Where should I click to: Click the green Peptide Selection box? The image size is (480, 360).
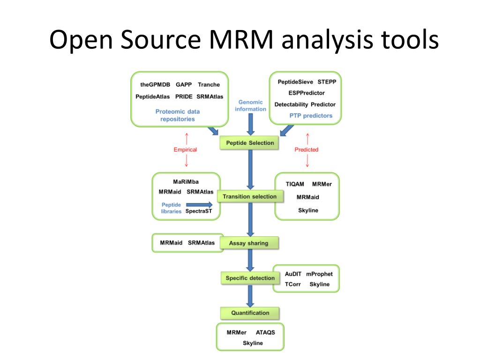point(249,142)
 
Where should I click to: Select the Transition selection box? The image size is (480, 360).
point(250,196)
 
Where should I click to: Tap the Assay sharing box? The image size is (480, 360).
point(249,243)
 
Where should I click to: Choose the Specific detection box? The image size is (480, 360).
point(250,278)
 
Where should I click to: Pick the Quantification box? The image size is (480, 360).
point(250,313)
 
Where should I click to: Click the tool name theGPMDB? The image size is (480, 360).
point(155,84)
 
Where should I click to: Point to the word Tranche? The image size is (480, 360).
point(209,84)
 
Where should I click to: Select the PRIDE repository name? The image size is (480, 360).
point(184,97)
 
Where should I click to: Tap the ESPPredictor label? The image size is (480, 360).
point(307,93)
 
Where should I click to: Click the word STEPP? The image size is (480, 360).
point(327,82)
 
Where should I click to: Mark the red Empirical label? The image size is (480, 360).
point(185,150)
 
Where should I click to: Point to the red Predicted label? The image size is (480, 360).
point(307,150)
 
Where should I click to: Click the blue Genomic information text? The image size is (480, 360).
point(250,105)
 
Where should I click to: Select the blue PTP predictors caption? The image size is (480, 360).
point(311,115)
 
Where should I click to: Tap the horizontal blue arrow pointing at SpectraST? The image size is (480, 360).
point(199,204)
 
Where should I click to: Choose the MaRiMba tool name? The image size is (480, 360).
point(186,181)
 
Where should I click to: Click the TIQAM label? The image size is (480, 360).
point(295,184)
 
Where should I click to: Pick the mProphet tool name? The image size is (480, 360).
point(319,274)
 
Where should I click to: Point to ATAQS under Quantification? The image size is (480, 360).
point(265,332)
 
